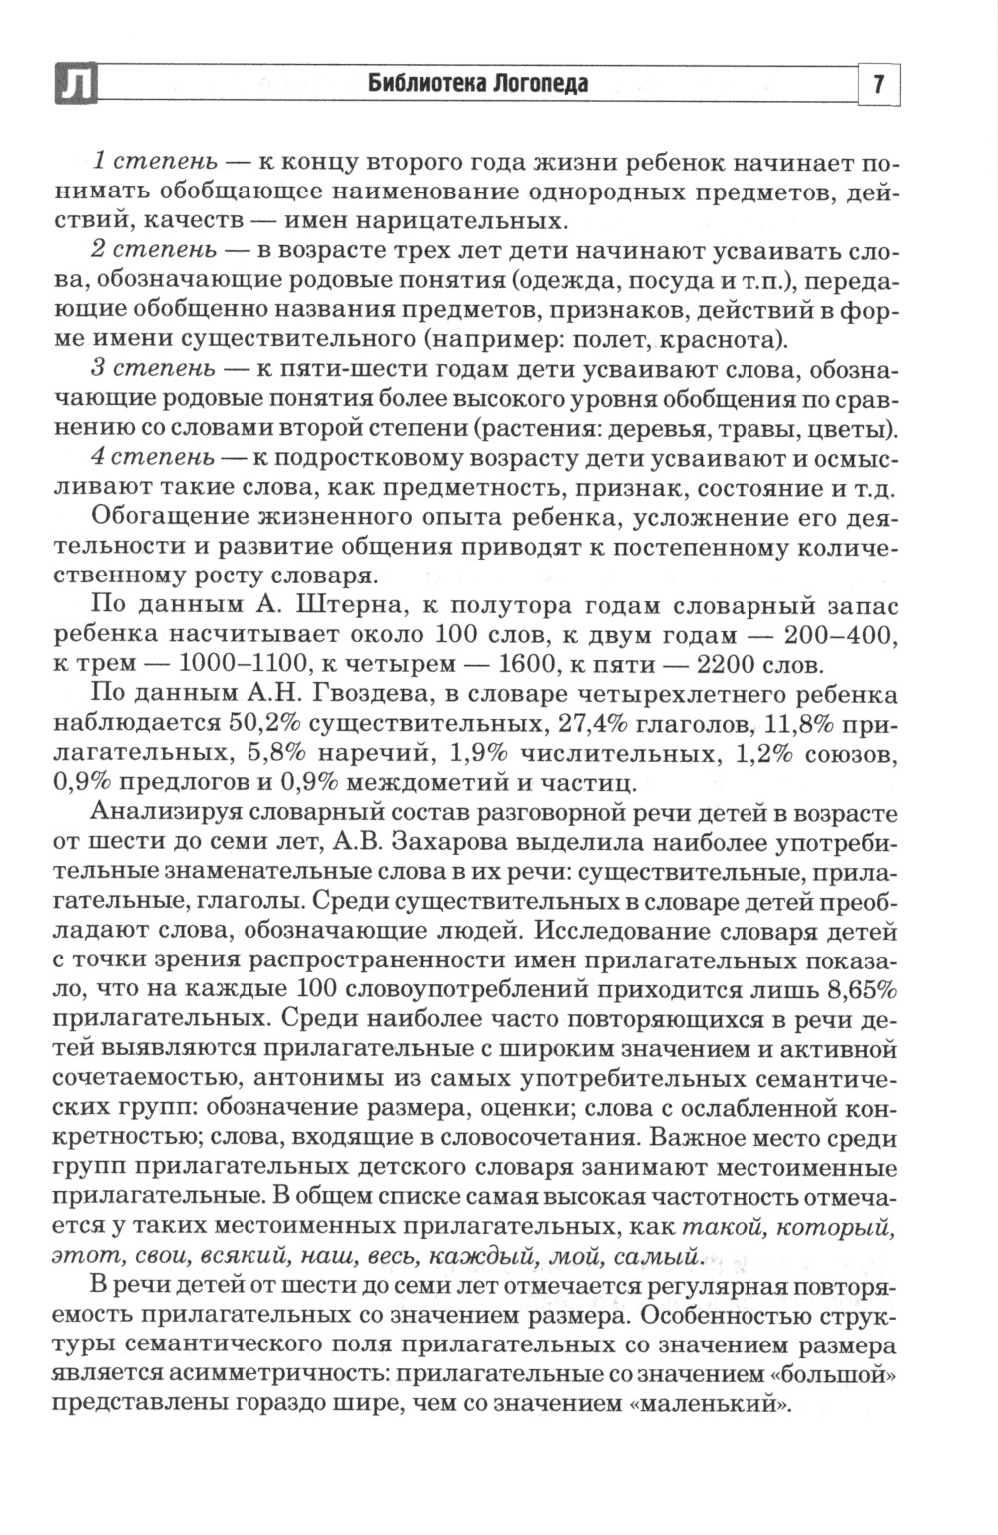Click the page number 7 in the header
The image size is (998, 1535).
click(879, 84)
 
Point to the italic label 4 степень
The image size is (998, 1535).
click(151, 459)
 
